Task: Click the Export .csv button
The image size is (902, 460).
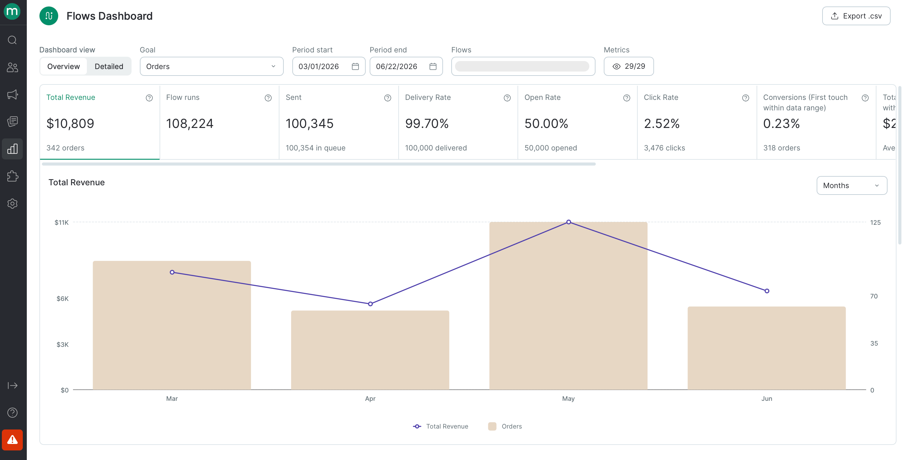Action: (x=856, y=16)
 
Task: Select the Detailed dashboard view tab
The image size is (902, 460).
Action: (x=109, y=66)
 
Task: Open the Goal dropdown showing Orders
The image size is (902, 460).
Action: (x=212, y=66)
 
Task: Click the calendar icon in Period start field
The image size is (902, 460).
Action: (x=356, y=66)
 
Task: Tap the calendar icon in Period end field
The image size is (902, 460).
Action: (x=433, y=66)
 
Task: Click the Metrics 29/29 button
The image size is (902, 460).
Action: (x=628, y=66)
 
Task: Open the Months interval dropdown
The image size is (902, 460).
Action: (x=851, y=185)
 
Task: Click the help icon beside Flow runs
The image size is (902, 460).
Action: (x=268, y=98)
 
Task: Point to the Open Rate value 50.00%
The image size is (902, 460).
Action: (x=546, y=123)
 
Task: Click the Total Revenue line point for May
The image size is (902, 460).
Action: (x=569, y=222)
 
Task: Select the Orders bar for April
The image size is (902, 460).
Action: (x=370, y=350)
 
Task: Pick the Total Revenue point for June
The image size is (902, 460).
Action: (x=767, y=291)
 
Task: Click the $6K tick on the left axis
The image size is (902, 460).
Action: (x=63, y=298)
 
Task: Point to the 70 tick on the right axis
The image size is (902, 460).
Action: (x=874, y=296)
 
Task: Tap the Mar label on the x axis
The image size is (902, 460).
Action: (x=172, y=398)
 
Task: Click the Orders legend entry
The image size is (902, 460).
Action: (x=505, y=426)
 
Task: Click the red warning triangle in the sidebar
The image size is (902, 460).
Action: (x=12, y=440)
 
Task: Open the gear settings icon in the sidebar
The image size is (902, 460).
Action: (x=12, y=203)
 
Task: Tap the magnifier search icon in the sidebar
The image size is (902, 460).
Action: (x=12, y=40)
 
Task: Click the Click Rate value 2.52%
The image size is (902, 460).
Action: (x=662, y=123)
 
